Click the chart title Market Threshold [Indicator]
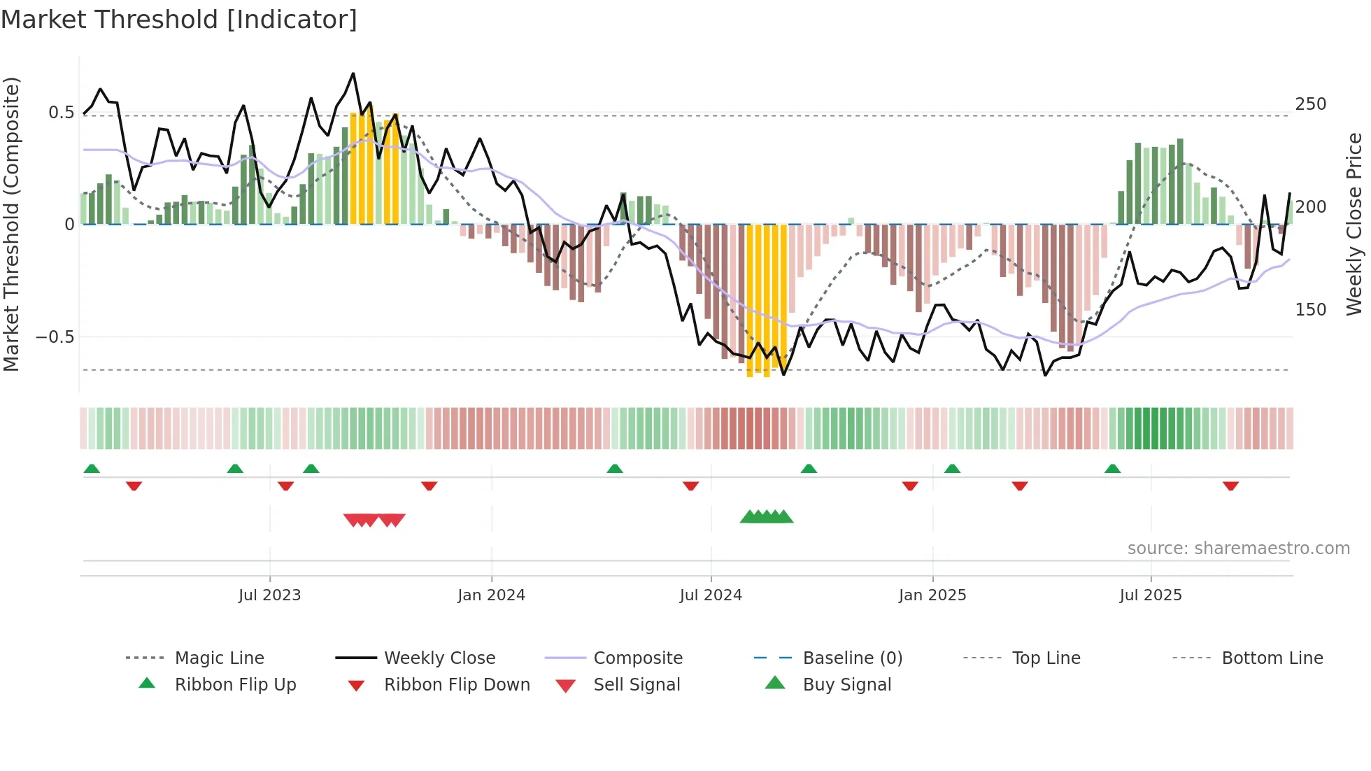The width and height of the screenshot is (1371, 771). coord(179,20)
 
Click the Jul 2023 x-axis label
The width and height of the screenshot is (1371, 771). coord(269,595)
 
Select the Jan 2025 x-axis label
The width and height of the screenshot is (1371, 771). coord(932,595)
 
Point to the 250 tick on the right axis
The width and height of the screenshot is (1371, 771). coord(1310,104)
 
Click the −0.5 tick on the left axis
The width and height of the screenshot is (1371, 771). coord(55,337)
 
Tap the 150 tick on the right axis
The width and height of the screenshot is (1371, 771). coord(1310,310)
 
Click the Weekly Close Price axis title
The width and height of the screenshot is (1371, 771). coord(1354,224)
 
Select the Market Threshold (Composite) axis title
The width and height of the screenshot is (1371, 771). coord(11,224)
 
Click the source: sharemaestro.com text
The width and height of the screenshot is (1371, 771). coord(1238,549)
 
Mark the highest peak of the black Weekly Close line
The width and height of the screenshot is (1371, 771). coord(353,73)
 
